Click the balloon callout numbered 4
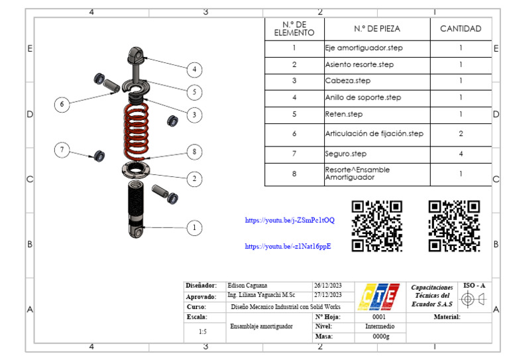point(194,69)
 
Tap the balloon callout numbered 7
point(62,150)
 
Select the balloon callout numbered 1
point(194,228)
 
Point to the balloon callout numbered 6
point(62,105)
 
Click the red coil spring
point(137,131)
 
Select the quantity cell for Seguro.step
point(461,154)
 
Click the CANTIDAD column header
point(461,29)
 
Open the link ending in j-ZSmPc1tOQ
point(290,220)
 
